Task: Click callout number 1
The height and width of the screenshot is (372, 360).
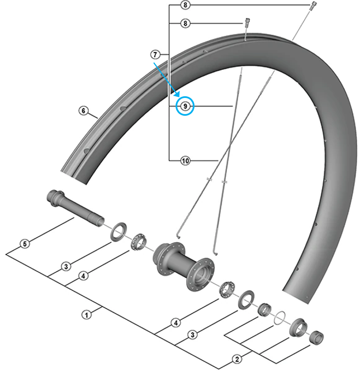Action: coord(86,315)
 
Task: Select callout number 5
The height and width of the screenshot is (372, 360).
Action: coord(24,244)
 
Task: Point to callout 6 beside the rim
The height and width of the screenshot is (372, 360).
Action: coord(83,111)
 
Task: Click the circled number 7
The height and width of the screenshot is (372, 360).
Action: coord(155,54)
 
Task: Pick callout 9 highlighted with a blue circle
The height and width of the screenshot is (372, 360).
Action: coord(185,106)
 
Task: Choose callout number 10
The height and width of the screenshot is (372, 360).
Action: coord(185,161)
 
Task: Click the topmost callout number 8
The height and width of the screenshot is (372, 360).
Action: coord(186,5)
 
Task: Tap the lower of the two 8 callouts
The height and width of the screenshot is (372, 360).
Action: coord(186,23)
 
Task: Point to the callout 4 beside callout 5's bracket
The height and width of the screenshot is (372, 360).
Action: coord(83,275)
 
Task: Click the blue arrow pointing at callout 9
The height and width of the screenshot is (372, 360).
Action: coord(165,78)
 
